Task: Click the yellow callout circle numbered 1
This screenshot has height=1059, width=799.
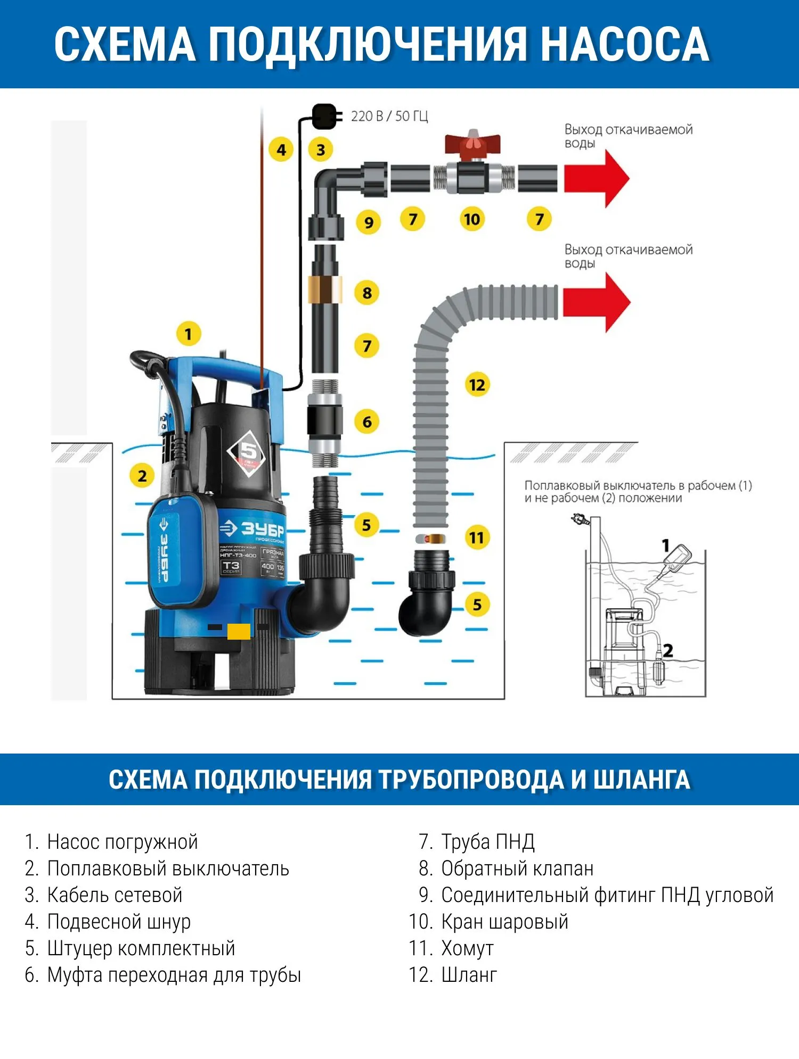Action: point(188,334)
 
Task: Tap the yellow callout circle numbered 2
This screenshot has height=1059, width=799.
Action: point(142,476)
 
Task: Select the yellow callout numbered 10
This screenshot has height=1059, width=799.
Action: point(471,219)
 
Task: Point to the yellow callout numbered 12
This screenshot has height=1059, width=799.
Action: point(477,385)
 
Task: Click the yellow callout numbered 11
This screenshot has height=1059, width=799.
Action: point(477,537)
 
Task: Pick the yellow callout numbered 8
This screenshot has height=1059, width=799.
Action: point(367,293)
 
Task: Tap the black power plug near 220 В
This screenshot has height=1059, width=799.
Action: point(324,117)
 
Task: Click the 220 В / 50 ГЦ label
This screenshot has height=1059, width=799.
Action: point(389,117)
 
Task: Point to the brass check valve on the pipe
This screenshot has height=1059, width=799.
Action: point(325,289)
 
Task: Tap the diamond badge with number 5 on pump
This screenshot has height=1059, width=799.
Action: point(249,452)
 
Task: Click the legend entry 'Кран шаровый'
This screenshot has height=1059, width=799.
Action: point(504,922)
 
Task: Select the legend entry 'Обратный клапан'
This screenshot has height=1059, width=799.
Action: point(517,868)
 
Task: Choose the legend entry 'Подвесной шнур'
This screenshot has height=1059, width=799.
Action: point(118,922)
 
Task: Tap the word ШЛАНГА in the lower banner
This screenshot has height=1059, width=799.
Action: point(641,779)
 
